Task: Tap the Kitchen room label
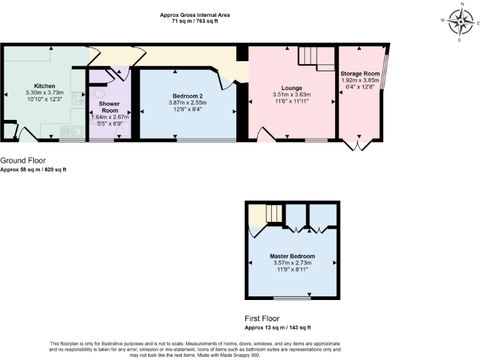44,86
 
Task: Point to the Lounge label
292,88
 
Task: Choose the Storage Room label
360,74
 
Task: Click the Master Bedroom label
292,256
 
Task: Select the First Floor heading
262,318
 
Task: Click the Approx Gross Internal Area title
194,14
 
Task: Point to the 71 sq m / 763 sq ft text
194,21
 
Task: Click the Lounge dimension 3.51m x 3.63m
292,95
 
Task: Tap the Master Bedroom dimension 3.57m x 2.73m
292,263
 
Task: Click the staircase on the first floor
274,213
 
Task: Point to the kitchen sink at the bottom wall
69,131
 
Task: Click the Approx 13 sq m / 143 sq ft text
277,327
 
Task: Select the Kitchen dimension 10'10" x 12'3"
44,99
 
